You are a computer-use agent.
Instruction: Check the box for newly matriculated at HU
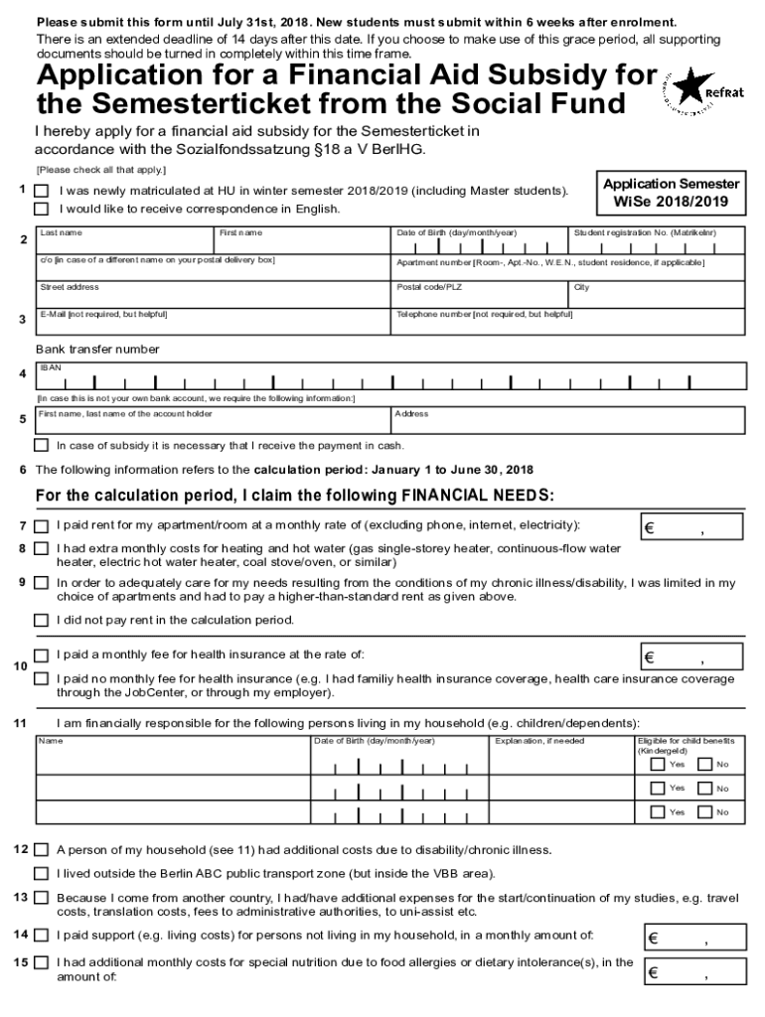tap(42, 191)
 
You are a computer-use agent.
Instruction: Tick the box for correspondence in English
tap(42, 209)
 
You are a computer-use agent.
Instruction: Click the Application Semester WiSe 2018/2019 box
tap(671, 193)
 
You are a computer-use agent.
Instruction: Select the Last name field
tap(124, 244)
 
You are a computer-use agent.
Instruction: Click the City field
tap(655, 295)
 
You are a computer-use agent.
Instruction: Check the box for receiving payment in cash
tap(42, 445)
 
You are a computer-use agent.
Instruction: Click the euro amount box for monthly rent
tap(690, 528)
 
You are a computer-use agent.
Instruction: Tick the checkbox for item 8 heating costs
tap(42, 548)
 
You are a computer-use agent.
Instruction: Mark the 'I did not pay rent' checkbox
tap(42, 620)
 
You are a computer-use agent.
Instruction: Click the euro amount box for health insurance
tap(690, 657)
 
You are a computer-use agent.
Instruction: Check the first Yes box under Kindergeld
tap(658, 765)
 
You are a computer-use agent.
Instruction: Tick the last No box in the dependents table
tap(704, 812)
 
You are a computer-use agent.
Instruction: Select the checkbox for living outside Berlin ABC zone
tap(42, 874)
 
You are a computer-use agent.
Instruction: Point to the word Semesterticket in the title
tap(189, 104)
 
